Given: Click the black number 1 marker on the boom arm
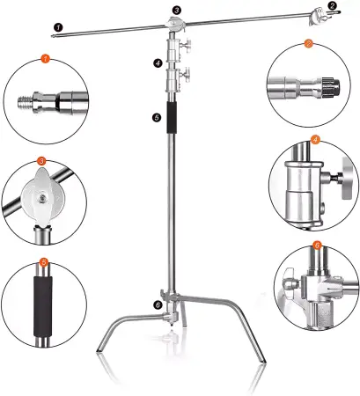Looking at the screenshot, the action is (x=58, y=27).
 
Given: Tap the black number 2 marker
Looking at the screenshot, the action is (x=332, y=5).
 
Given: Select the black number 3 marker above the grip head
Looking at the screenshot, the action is (x=176, y=11).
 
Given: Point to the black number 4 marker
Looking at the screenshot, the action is (x=158, y=62).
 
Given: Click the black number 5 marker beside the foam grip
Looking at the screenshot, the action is (x=157, y=118).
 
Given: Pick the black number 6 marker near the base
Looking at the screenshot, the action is (x=158, y=305).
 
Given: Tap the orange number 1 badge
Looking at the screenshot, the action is (x=45, y=58).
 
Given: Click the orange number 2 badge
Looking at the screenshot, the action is (x=308, y=44).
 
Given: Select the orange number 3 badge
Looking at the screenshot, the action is (x=41, y=161).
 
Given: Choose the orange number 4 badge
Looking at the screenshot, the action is (x=315, y=140).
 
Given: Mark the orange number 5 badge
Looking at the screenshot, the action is (x=44, y=262).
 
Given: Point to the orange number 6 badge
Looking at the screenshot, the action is (x=318, y=245).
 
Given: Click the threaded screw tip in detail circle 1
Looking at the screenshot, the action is (x=26, y=102).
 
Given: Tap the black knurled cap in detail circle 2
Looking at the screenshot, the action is (x=330, y=85).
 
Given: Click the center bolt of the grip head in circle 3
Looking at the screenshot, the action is (x=43, y=199).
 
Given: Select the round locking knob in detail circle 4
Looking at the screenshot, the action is (x=349, y=178).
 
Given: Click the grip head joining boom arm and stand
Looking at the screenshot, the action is (x=175, y=24).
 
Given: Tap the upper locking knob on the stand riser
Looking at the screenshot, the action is (x=186, y=45).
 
